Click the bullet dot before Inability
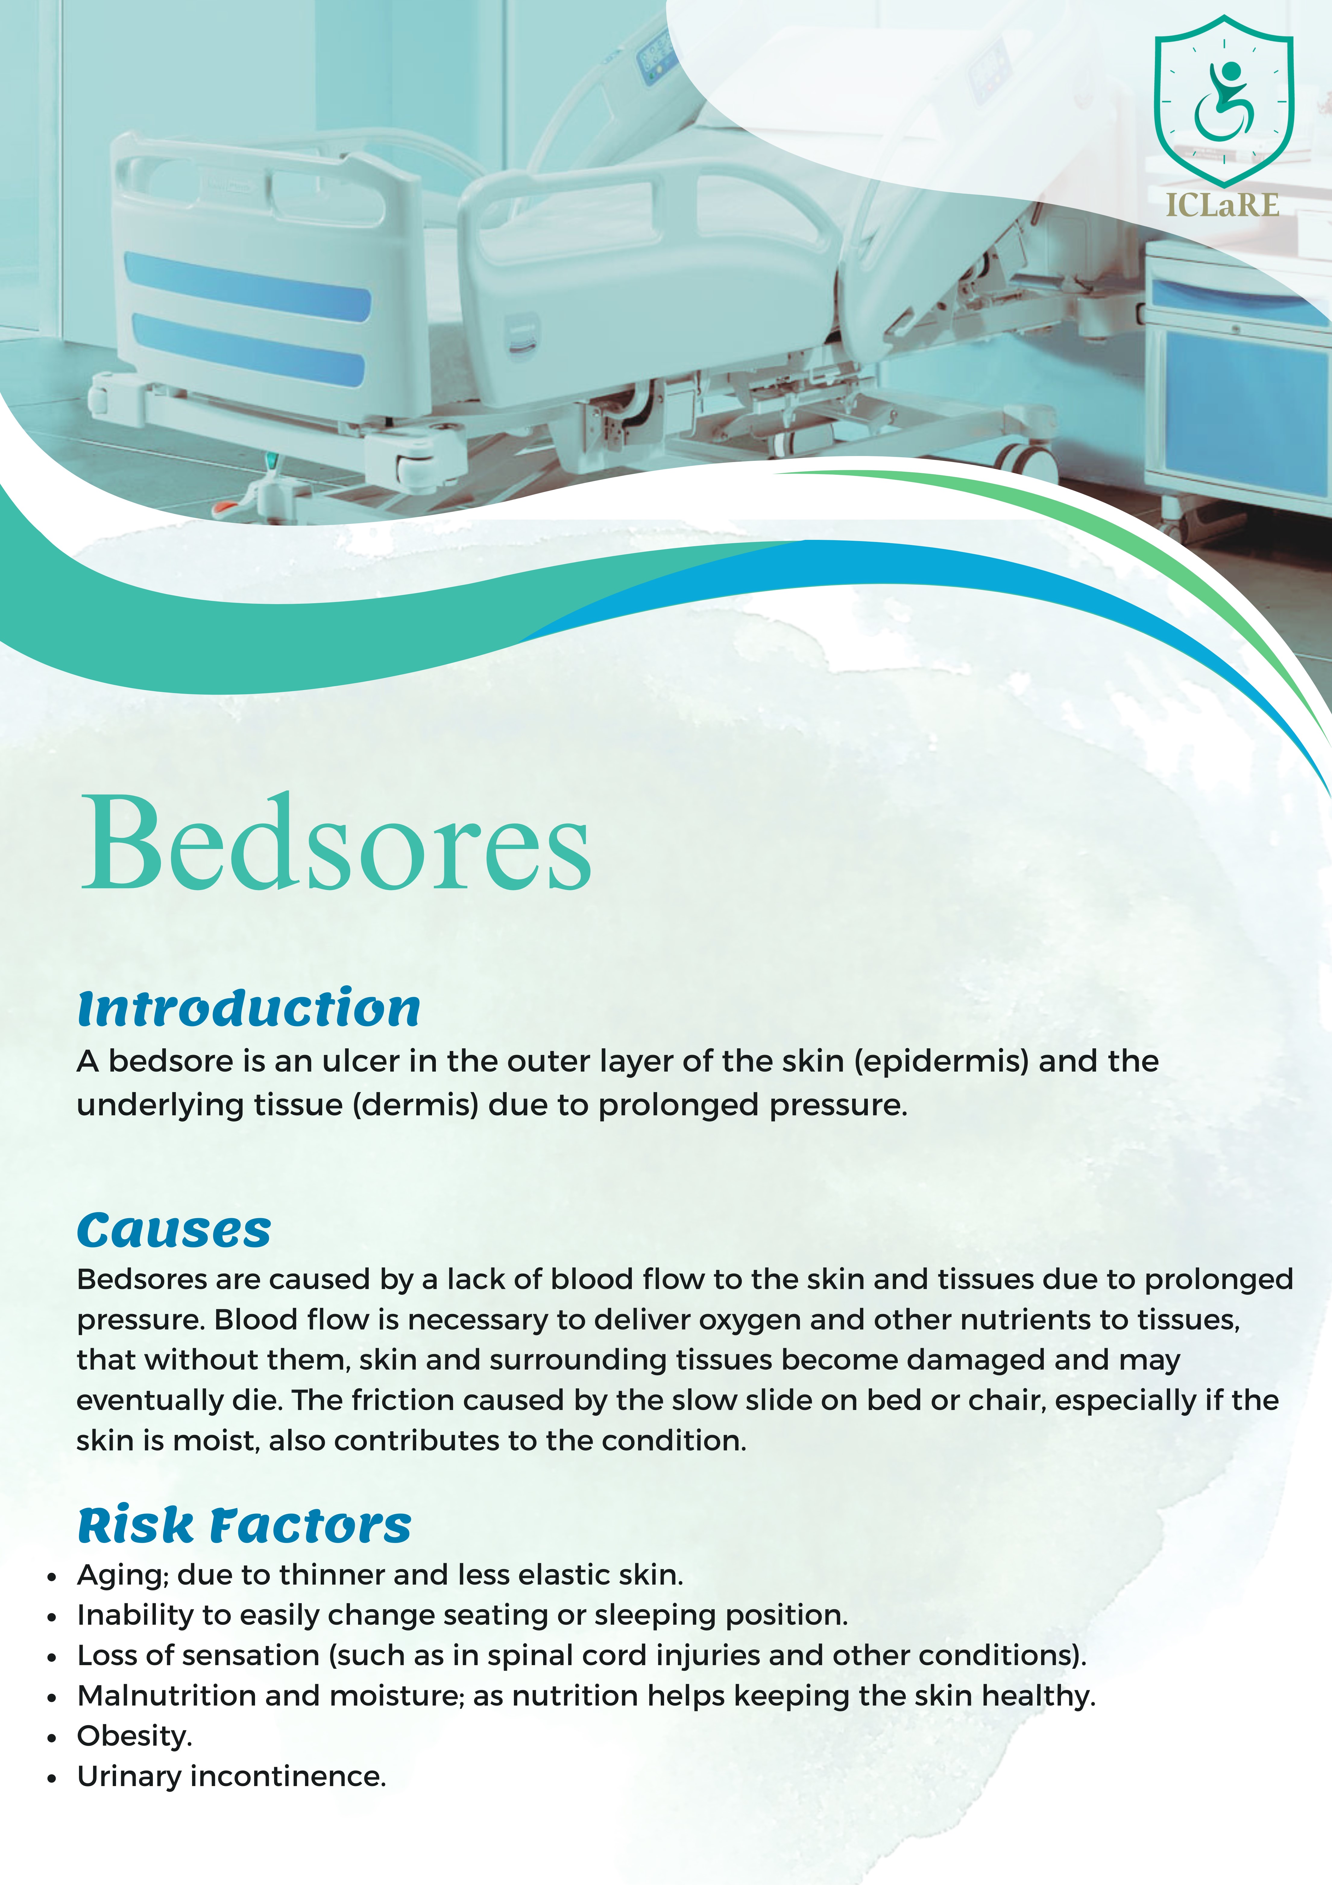(52, 1617)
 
